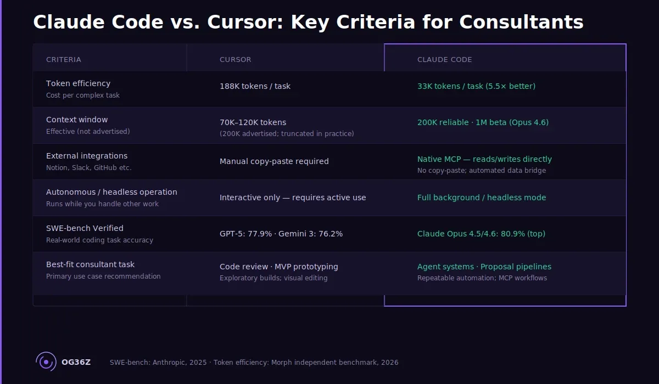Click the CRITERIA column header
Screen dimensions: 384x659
(x=64, y=59)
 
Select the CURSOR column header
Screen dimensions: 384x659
(x=235, y=59)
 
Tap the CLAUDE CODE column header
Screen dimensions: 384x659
(x=444, y=59)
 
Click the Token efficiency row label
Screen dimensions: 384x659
(x=78, y=83)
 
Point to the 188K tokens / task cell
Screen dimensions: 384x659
(x=255, y=86)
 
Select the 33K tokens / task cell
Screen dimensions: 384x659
(x=476, y=86)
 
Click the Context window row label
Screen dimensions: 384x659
(x=77, y=120)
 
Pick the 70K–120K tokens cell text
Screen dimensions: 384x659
(x=253, y=122)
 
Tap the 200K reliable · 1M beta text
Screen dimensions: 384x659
(x=483, y=122)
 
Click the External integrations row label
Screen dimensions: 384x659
(x=87, y=156)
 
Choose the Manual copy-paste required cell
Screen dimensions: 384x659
(x=274, y=161)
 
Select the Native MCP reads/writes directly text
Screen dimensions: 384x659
(x=484, y=159)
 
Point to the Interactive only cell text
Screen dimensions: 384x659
(x=293, y=197)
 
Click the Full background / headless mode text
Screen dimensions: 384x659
(x=482, y=197)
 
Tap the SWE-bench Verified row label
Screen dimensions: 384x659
(x=85, y=228)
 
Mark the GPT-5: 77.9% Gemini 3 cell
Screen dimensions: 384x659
(x=281, y=234)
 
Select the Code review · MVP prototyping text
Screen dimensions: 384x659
(x=279, y=267)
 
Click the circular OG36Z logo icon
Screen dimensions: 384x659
(x=46, y=362)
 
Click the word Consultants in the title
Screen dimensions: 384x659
(x=521, y=22)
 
